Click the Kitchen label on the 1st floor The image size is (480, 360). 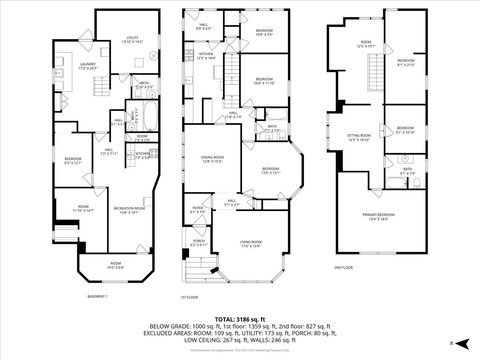click(206, 57)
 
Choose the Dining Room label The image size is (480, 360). click(211, 159)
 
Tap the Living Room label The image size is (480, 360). click(249, 243)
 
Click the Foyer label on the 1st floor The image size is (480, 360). click(198, 210)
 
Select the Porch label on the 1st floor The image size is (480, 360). click(199, 242)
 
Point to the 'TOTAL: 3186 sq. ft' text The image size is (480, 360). click(239, 318)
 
